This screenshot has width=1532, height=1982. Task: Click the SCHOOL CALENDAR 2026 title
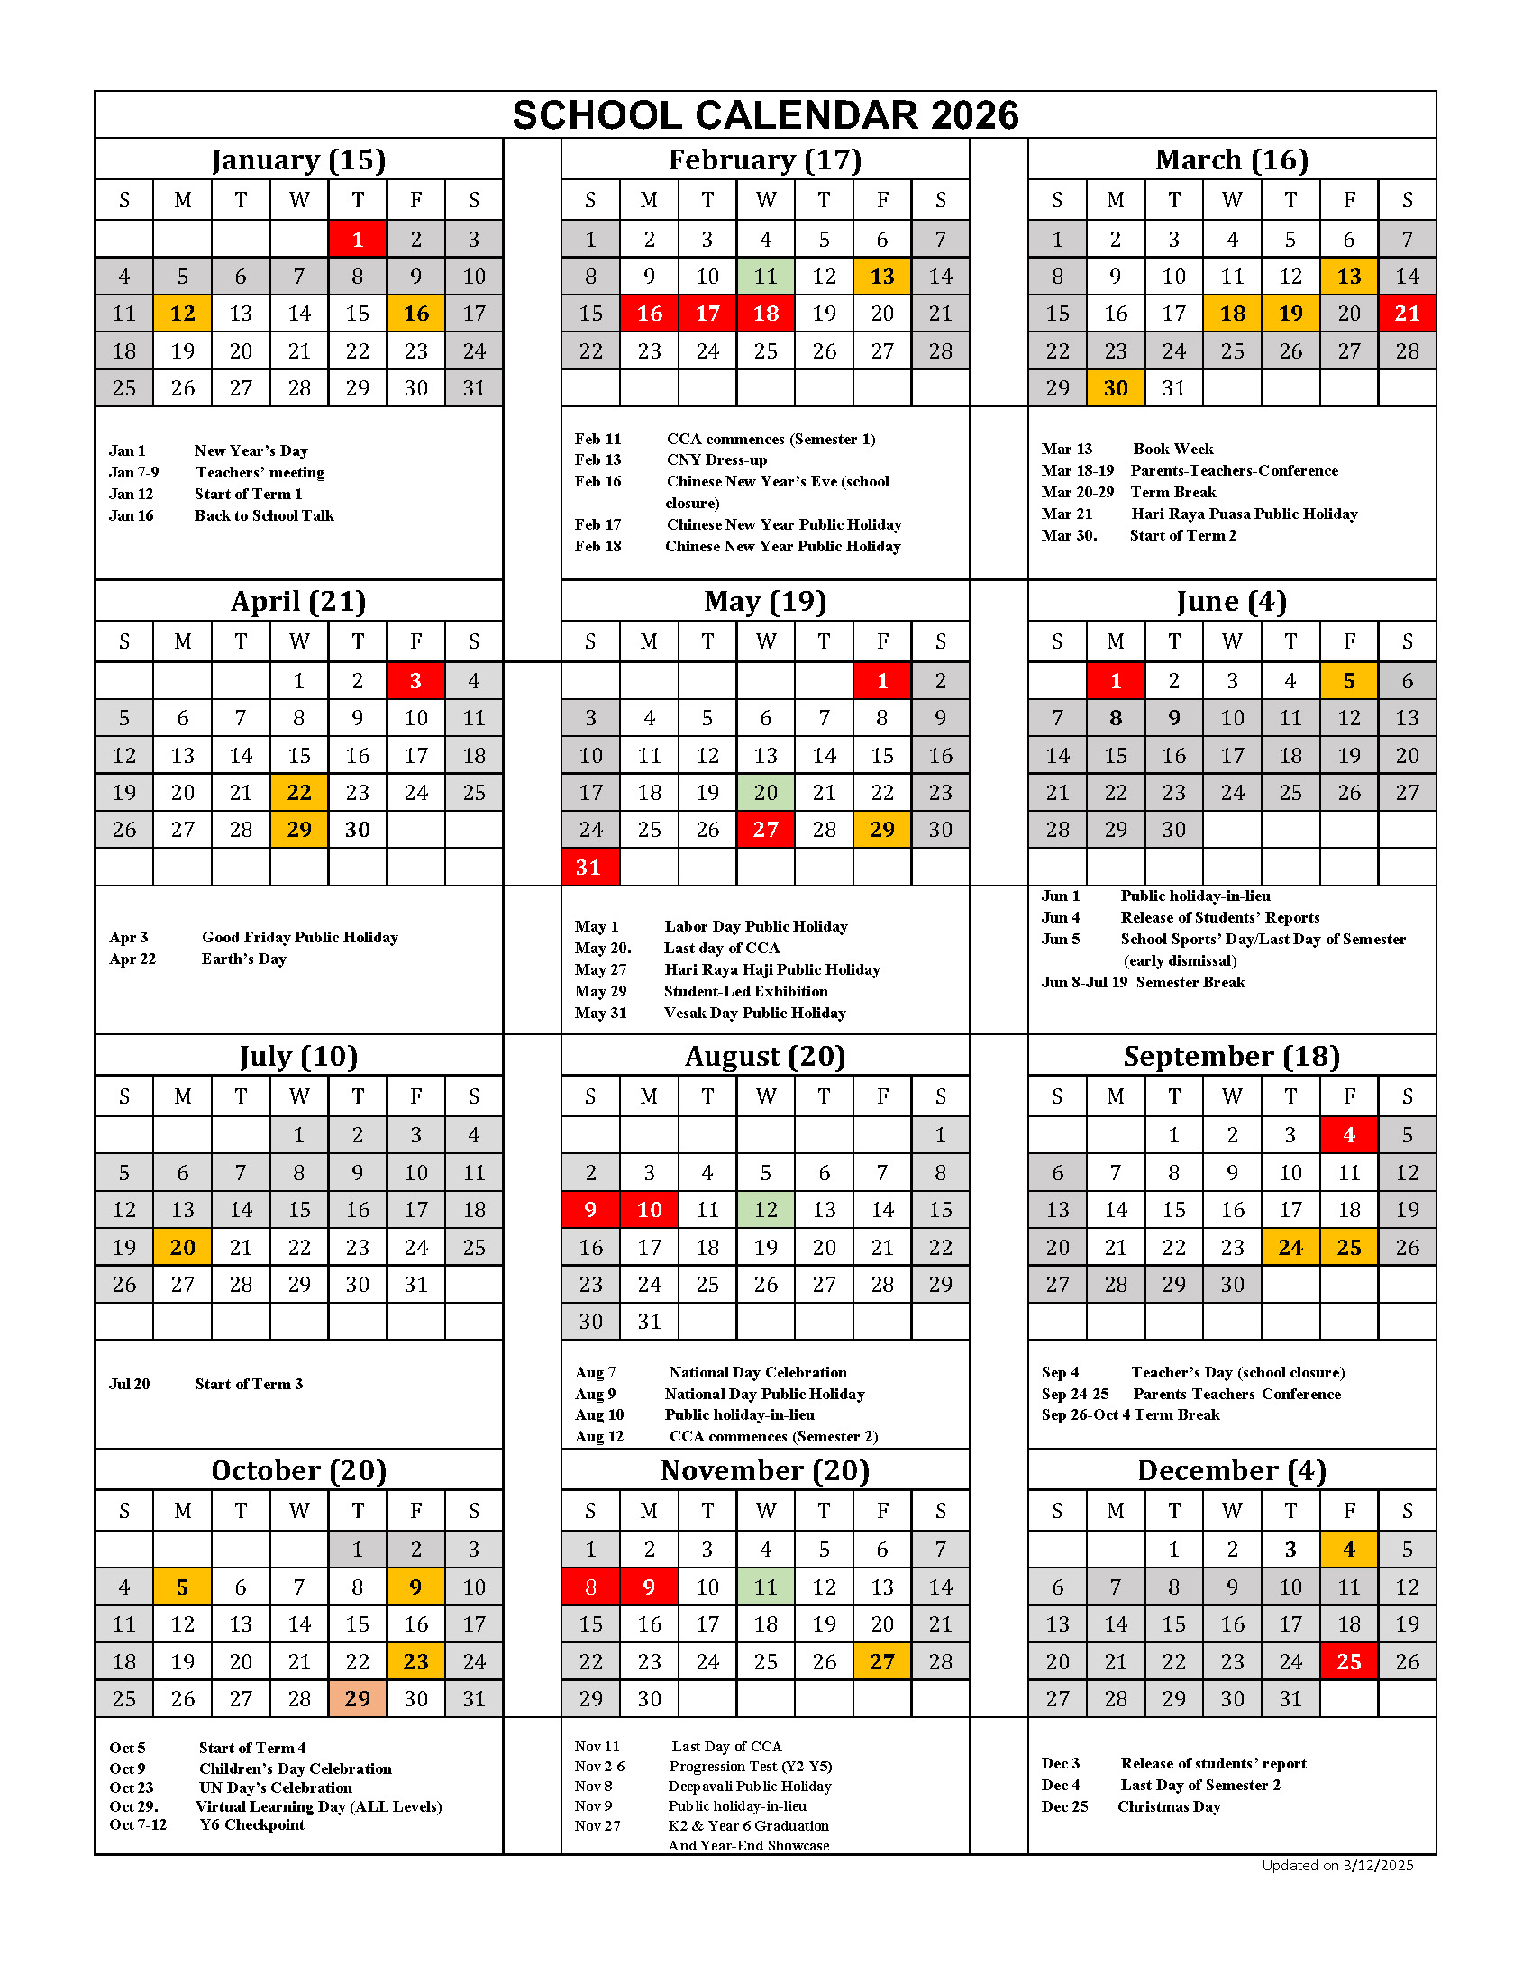[765, 115]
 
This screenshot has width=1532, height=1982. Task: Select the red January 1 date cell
[358, 239]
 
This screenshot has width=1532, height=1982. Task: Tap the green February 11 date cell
[765, 276]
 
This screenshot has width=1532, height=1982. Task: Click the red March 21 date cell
[1407, 314]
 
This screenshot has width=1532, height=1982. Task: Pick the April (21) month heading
[297, 601]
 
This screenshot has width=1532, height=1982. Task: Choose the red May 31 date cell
[590, 867]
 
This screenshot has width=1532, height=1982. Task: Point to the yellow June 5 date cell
[1349, 680]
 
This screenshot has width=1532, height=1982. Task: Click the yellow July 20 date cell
[182, 1247]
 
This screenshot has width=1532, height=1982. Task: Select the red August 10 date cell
[649, 1209]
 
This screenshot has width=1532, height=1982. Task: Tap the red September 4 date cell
[1349, 1134]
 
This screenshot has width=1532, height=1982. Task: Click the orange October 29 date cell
[358, 1698]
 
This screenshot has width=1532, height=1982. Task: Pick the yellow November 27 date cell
[882, 1660]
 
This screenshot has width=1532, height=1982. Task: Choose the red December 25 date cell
[1349, 1660]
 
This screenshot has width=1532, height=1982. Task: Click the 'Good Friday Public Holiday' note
[299, 937]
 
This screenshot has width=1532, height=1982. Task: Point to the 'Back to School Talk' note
[264, 515]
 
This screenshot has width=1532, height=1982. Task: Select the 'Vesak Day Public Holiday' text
[754, 1013]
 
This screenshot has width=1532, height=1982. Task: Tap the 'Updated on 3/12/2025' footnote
[1336, 1865]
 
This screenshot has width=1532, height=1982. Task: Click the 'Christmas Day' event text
[1169, 1806]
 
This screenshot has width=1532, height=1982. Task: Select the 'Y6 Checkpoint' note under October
[252, 1824]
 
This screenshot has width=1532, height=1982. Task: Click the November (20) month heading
[765, 1470]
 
